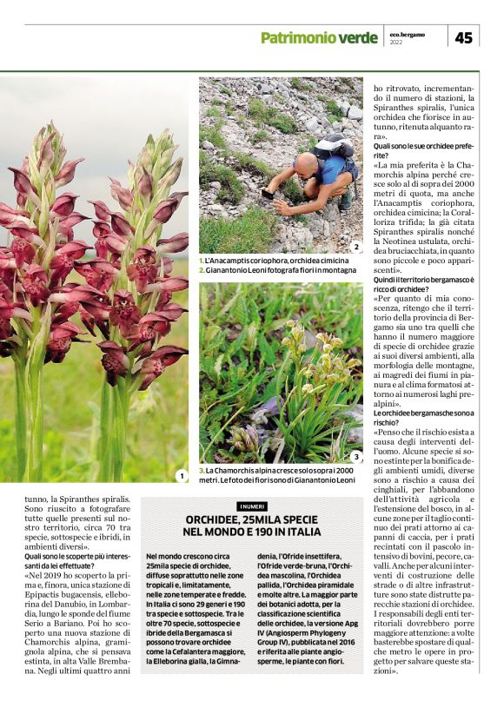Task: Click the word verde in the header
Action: point(358,37)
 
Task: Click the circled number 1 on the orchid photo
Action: point(181,475)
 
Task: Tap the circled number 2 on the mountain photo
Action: point(355,248)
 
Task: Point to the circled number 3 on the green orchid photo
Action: point(355,456)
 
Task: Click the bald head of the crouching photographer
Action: point(304,162)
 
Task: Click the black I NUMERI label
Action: point(251,506)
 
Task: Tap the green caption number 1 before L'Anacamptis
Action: point(201,260)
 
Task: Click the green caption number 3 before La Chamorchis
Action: point(201,469)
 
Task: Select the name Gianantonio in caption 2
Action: point(231,270)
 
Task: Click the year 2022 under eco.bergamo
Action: point(397,42)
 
